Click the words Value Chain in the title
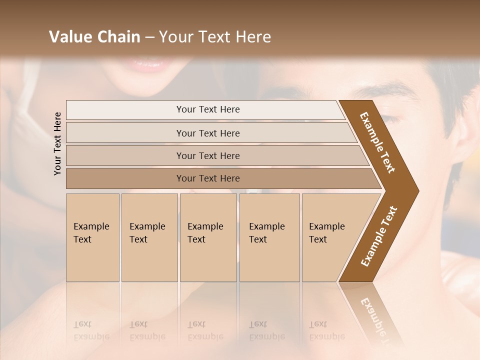click(94, 37)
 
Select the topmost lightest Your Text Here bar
click(207, 109)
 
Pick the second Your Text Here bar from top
click(207, 133)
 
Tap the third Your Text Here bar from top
click(207, 155)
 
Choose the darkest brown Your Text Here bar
click(207, 178)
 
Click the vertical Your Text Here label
click(57, 143)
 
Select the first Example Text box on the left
click(92, 237)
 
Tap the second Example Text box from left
click(149, 237)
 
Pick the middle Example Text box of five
click(208, 237)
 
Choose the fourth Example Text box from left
click(269, 237)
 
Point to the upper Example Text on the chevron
click(377, 142)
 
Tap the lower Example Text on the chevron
click(379, 236)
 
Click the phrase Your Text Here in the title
click(215, 37)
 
